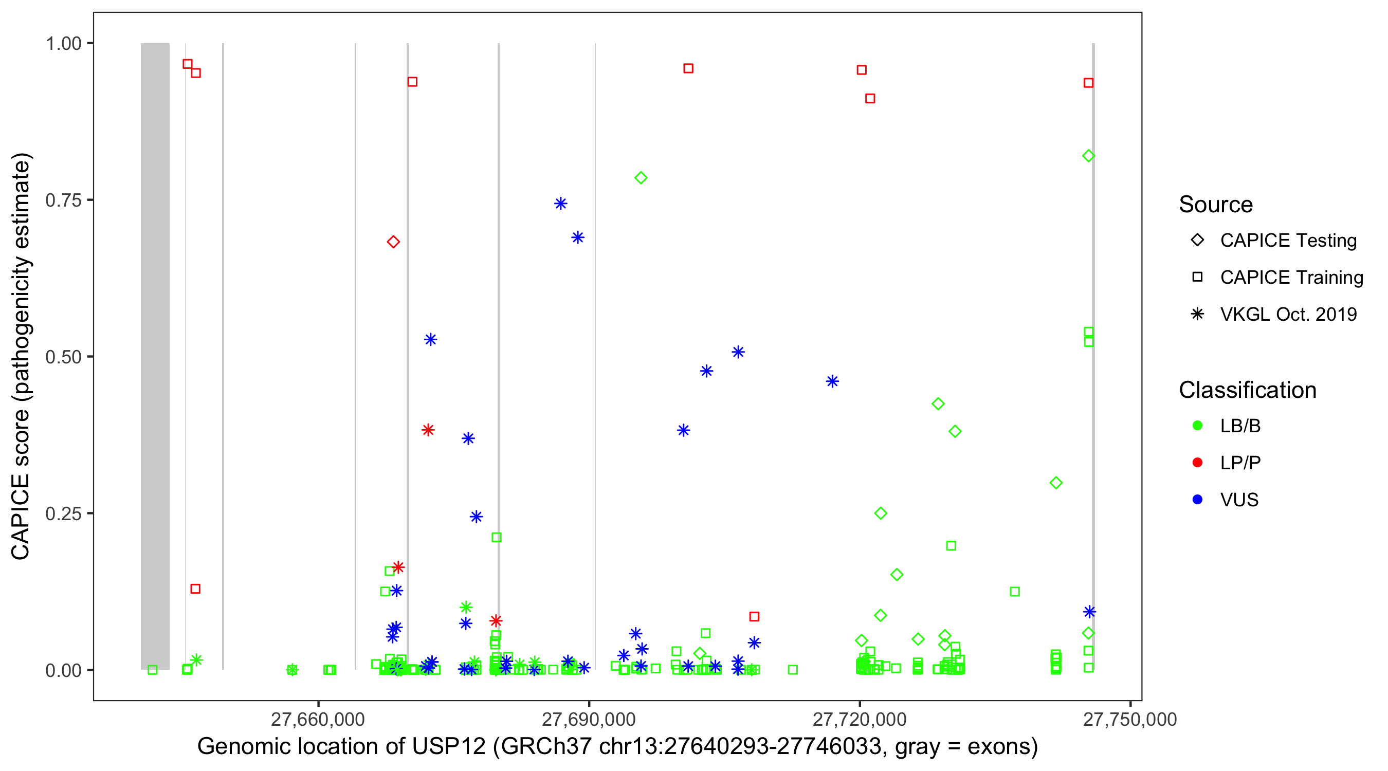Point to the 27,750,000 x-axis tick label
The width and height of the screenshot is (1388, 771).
pyautogui.click(x=1129, y=719)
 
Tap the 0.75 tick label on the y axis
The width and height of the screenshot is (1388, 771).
pyautogui.click(x=63, y=200)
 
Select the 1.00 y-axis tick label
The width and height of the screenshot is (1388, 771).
pyautogui.click(x=63, y=43)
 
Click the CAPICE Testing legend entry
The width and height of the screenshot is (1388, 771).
pyautogui.click(x=1288, y=241)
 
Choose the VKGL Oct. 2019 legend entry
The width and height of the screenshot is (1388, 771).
pyautogui.click(x=1288, y=314)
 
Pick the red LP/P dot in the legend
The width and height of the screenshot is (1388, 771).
pyautogui.click(x=1197, y=463)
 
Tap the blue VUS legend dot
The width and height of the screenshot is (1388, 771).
pyautogui.click(x=1197, y=500)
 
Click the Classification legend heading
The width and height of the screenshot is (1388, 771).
pyautogui.click(x=1247, y=390)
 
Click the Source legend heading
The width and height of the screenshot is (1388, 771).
pyautogui.click(x=1216, y=205)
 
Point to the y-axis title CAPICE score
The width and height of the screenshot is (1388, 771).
pyautogui.click(x=22, y=356)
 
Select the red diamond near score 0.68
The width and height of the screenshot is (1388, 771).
pyautogui.click(x=393, y=242)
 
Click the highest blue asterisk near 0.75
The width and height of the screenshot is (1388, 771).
pyautogui.click(x=561, y=204)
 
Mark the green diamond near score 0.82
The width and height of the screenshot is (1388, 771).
pyautogui.click(x=1088, y=156)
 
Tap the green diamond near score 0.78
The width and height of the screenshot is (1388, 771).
pyautogui.click(x=641, y=178)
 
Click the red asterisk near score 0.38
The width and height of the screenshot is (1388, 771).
pyautogui.click(x=428, y=430)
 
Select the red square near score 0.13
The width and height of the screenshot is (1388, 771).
pyautogui.click(x=195, y=589)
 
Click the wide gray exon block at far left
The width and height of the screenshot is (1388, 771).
pyautogui.click(x=155, y=356)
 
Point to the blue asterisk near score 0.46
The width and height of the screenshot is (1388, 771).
pyautogui.click(x=832, y=381)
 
